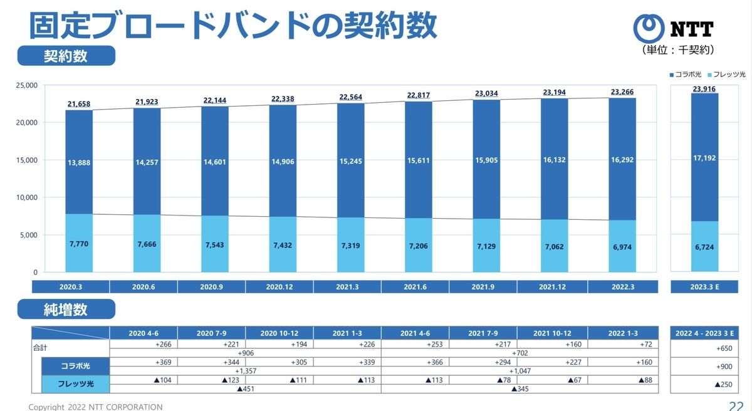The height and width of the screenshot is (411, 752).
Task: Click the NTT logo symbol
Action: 648,28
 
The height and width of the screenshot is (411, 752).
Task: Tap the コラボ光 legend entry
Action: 685,75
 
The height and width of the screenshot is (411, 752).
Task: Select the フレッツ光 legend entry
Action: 726,75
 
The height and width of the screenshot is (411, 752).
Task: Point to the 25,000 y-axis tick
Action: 26,85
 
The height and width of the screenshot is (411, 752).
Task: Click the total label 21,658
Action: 79,104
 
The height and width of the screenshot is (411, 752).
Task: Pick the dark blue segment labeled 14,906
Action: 283,161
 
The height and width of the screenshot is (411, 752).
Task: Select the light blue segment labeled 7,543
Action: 215,244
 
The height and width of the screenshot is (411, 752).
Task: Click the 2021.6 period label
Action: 415,287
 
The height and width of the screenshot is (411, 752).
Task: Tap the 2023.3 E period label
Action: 704,287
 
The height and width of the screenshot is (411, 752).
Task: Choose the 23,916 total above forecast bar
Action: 704,89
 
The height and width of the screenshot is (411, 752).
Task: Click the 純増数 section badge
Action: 66,309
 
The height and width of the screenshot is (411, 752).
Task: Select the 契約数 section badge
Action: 66,56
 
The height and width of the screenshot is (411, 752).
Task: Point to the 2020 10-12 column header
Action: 279,333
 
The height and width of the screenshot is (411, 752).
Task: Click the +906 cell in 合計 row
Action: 246,353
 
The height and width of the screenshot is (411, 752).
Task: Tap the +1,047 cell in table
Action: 520,371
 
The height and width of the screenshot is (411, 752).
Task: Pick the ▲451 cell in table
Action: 246,389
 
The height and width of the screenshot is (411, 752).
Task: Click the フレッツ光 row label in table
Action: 76,384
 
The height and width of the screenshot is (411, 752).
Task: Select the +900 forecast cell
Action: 724,367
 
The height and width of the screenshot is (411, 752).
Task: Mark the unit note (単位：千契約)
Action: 677,50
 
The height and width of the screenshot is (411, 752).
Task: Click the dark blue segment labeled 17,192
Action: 704,157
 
